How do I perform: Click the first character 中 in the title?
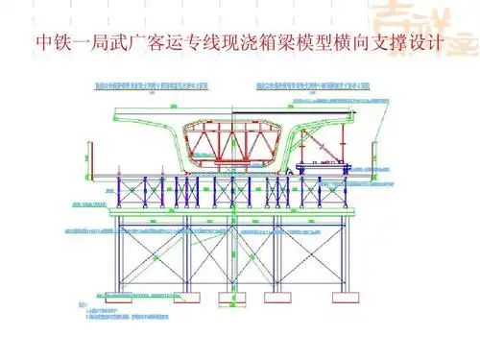[42, 44]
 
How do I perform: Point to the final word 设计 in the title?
[429, 44]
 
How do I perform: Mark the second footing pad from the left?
[177, 290]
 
